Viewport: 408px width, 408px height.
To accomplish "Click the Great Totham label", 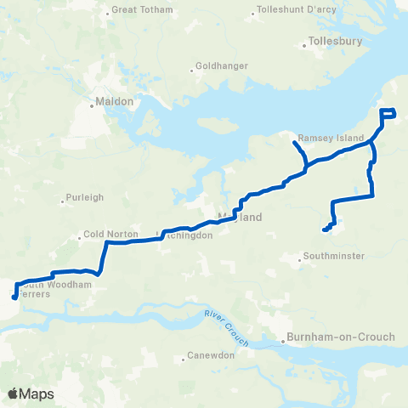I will point(142,10).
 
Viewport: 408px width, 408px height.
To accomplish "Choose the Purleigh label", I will point(86,197).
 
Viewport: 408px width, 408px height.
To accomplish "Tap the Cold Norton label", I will point(105,235).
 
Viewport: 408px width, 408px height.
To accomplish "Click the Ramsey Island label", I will point(330,138).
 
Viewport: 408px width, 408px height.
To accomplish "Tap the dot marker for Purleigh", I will point(63,202).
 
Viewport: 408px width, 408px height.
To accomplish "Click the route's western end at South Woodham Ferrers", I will point(14,297).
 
